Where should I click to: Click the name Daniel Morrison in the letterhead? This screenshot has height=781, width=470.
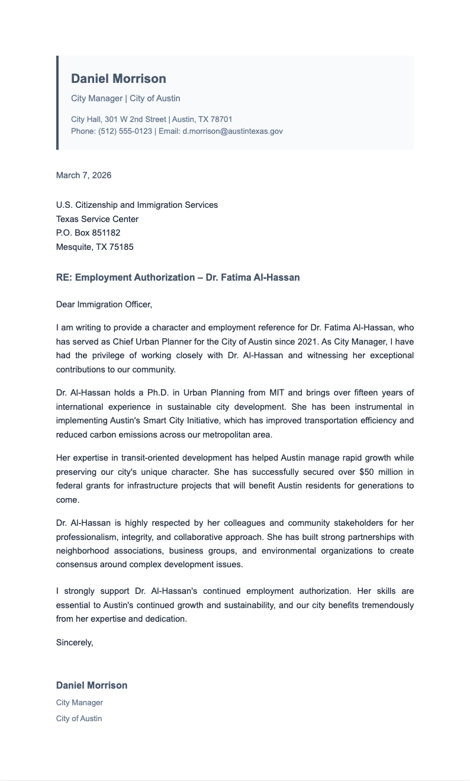(x=118, y=79)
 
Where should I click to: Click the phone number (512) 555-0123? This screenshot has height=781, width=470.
(x=125, y=131)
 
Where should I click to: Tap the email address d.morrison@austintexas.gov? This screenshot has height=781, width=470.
(x=233, y=131)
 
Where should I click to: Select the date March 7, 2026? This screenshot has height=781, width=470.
(x=83, y=175)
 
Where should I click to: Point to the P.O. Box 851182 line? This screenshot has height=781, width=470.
(x=88, y=233)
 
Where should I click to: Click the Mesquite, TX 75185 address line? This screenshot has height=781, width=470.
(x=95, y=247)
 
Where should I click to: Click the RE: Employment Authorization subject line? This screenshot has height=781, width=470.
(x=178, y=277)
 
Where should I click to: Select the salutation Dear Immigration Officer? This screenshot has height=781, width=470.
(x=104, y=305)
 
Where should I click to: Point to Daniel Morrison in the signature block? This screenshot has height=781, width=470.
(x=92, y=685)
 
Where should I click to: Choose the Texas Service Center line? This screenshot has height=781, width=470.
(x=97, y=219)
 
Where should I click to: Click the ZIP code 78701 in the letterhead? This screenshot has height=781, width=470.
(x=221, y=120)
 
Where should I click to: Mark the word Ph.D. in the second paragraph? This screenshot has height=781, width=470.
(x=153, y=393)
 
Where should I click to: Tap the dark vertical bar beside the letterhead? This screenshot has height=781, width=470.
(x=57, y=102)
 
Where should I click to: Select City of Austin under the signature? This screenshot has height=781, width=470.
(x=79, y=718)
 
